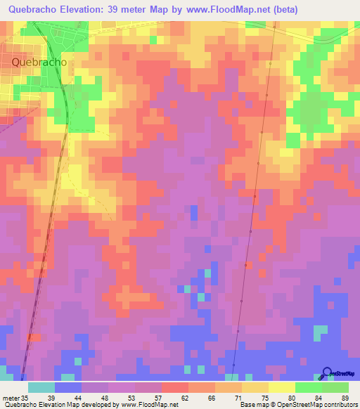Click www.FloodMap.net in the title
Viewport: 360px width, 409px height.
(231, 10)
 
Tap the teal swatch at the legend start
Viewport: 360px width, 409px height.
(41, 387)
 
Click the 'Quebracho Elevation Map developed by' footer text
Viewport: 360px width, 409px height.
(60, 405)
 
